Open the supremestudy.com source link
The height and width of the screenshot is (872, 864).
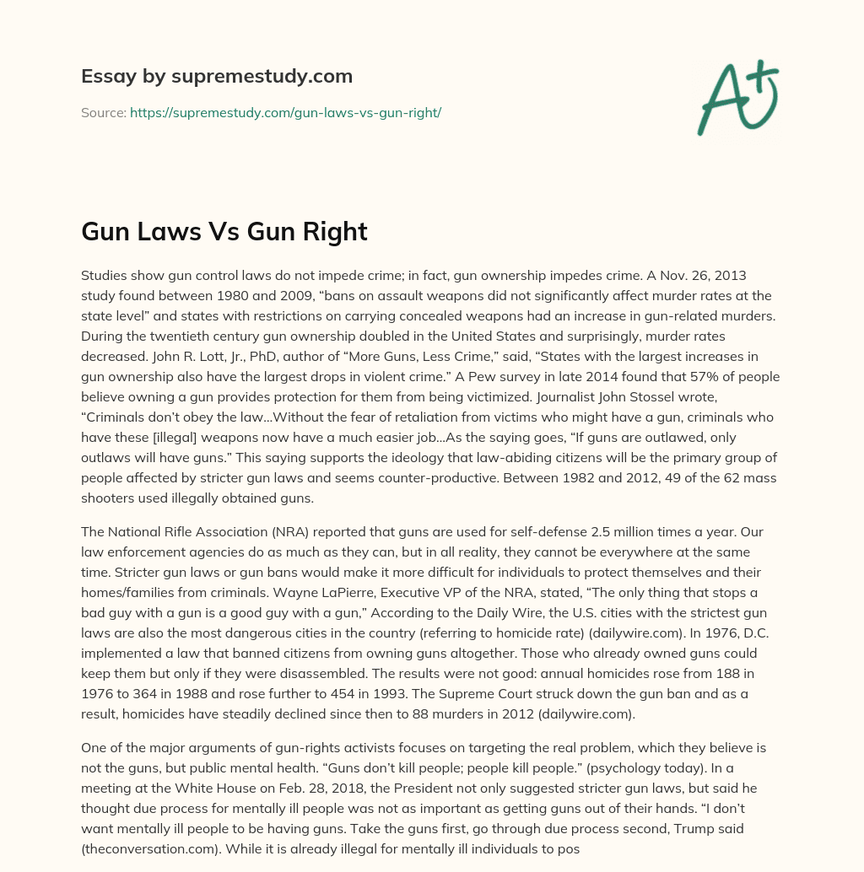click(285, 112)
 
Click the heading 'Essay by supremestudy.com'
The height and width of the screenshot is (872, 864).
click(217, 77)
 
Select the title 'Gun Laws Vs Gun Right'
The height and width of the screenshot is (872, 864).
click(224, 232)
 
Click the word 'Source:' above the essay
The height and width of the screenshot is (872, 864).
click(103, 112)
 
